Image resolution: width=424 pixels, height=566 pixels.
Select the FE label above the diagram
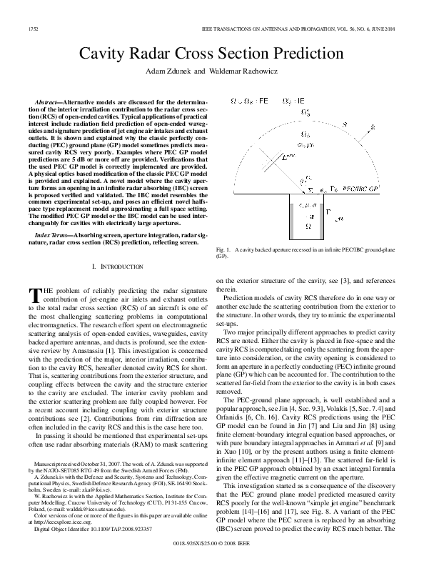[x=263, y=101]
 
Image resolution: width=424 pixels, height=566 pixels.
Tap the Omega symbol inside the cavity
[x=308, y=225]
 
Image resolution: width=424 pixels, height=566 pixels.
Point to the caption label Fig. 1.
[x=223, y=249]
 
